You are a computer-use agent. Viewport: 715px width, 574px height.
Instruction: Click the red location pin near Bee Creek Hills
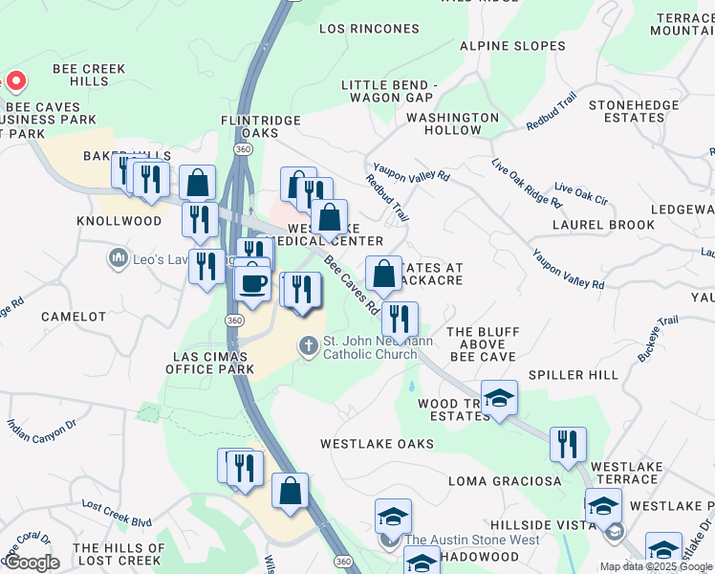click(14, 80)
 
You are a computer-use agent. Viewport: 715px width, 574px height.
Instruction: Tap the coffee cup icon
click(253, 283)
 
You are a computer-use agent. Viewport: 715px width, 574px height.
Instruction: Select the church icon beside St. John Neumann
click(309, 345)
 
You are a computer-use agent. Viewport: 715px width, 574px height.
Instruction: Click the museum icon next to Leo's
click(119, 258)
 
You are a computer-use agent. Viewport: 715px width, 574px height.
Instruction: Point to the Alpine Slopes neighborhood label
click(512, 45)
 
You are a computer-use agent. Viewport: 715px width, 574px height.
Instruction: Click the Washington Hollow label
click(452, 123)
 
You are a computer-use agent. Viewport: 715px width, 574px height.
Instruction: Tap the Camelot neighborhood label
click(74, 316)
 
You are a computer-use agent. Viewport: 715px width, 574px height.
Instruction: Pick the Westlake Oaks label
click(377, 444)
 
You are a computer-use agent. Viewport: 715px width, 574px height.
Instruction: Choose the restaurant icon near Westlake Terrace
click(568, 444)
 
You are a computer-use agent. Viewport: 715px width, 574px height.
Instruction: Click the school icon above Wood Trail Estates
click(499, 397)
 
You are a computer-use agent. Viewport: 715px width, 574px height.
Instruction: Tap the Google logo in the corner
click(32, 562)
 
